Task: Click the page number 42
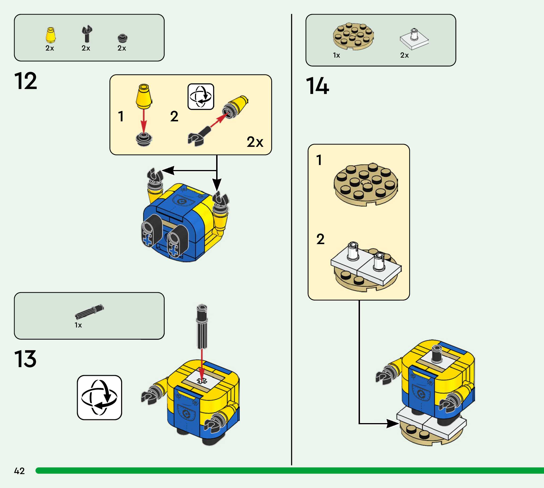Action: tap(19, 471)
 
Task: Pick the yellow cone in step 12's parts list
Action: tap(50, 35)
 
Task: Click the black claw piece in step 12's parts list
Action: tap(86, 34)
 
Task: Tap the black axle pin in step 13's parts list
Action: tap(89, 312)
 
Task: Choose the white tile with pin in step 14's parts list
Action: tap(414, 39)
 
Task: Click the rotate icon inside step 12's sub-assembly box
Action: tap(201, 97)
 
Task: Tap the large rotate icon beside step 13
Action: tap(99, 397)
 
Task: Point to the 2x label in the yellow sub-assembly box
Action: tap(255, 142)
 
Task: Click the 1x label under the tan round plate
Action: tap(336, 55)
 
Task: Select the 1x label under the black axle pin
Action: tap(78, 325)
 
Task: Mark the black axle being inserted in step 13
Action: tap(202, 327)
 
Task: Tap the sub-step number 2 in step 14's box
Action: tap(320, 239)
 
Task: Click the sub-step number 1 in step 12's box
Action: tap(121, 116)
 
